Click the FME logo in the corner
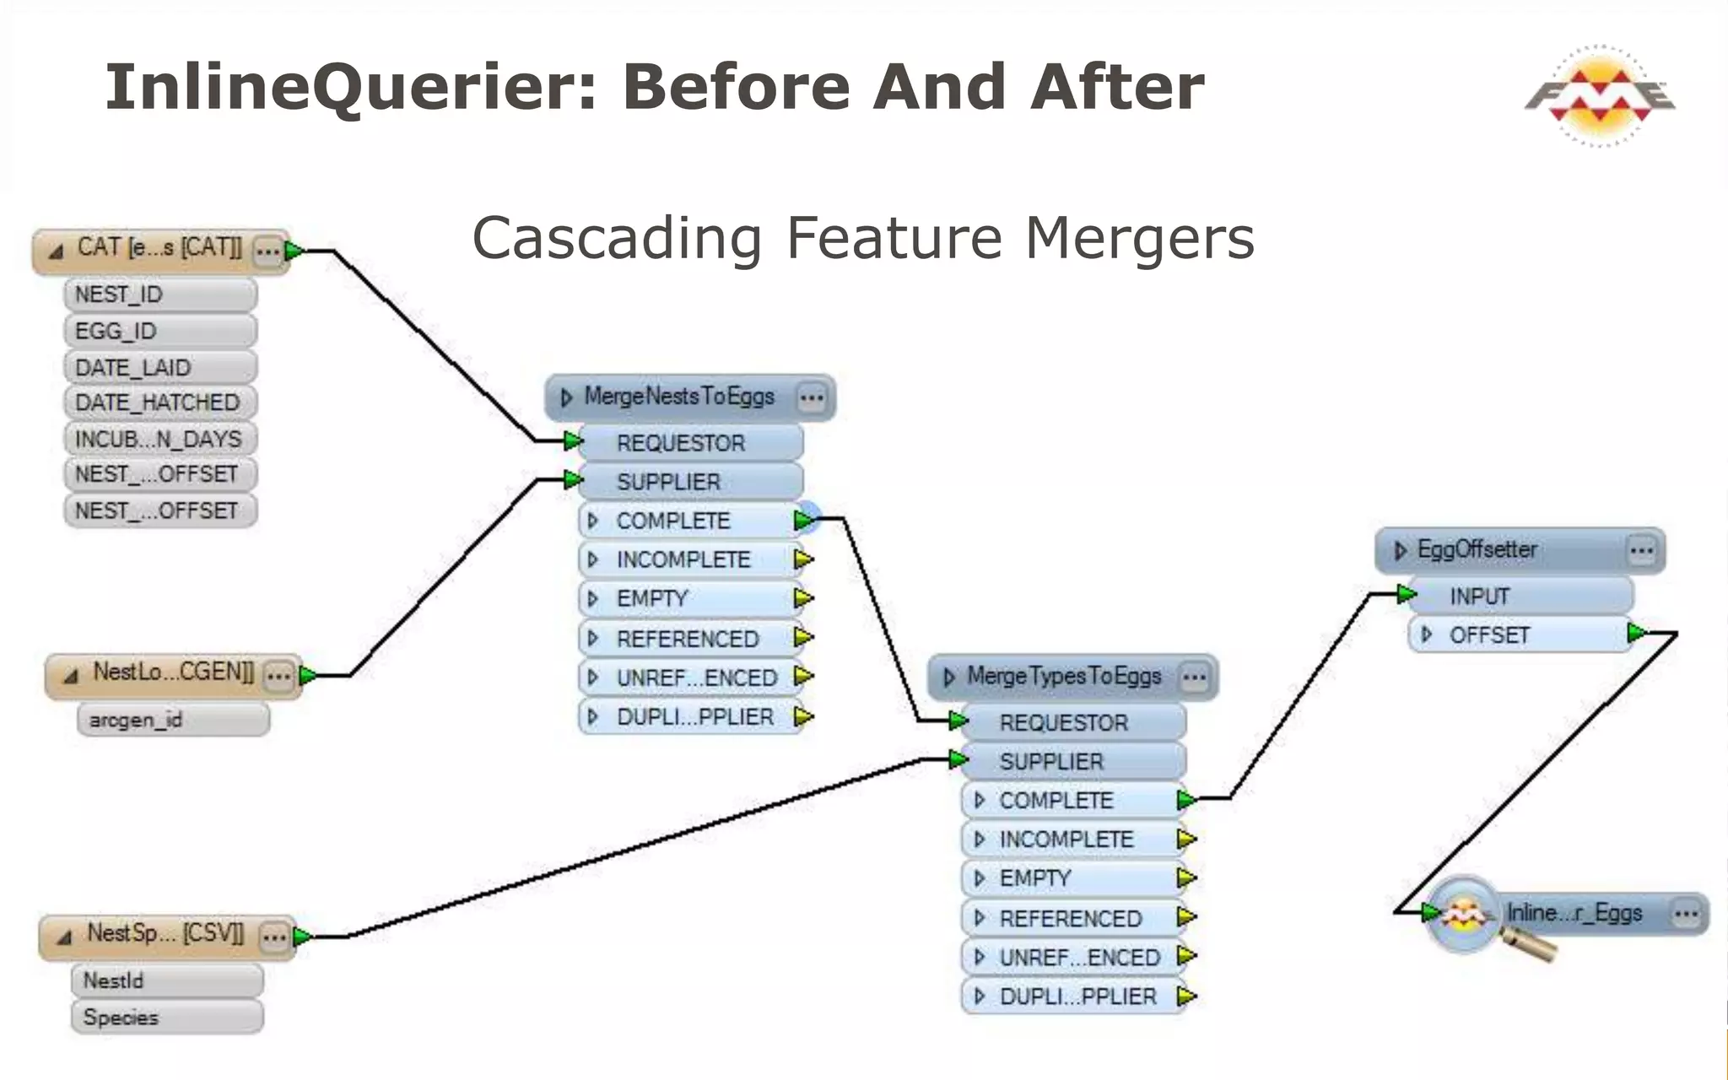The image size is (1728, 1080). [x=1599, y=95]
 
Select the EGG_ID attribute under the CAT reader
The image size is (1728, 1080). [x=159, y=331]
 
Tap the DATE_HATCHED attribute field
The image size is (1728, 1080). [x=159, y=402]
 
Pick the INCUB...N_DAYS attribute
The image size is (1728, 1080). [x=159, y=439]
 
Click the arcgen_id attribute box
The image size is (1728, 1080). [x=173, y=720]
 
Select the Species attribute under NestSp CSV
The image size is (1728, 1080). [x=166, y=1017]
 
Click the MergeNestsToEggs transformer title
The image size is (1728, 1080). [x=678, y=397]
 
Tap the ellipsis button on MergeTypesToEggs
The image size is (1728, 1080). [x=1194, y=678]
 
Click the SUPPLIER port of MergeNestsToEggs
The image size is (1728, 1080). [x=690, y=482]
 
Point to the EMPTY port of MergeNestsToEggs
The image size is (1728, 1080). [x=690, y=598]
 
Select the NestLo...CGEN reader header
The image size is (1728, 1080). [x=172, y=673]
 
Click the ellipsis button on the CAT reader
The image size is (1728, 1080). [x=267, y=251]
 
